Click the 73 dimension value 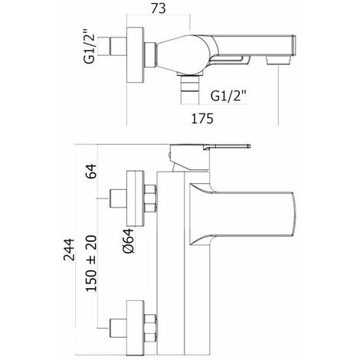[159, 8]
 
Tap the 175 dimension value [202, 119]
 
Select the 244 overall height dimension [69, 250]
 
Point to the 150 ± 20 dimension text [91, 263]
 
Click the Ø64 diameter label [128, 241]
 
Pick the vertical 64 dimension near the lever [91, 171]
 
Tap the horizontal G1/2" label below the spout [228, 97]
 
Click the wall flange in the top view [136, 54]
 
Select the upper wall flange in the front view [136, 198]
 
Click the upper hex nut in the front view [150, 198]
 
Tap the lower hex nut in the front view [150, 328]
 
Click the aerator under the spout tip [278, 61]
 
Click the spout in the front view [242, 214]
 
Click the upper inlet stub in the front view [118, 198]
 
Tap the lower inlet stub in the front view [118, 328]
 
